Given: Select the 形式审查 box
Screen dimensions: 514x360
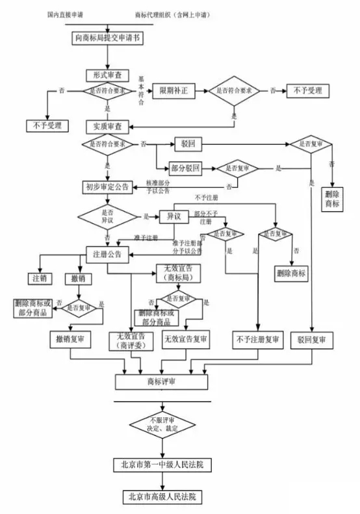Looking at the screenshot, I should (x=105, y=75).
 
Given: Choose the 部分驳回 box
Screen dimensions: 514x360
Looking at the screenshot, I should (x=185, y=168).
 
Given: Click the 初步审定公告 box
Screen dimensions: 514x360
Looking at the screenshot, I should (x=108, y=187).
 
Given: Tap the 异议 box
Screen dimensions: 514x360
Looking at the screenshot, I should (x=174, y=216).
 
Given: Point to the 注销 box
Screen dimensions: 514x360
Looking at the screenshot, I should (x=40, y=279).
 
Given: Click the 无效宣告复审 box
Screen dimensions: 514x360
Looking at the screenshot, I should (x=185, y=339).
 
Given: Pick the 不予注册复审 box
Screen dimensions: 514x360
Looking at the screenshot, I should (x=258, y=339).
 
